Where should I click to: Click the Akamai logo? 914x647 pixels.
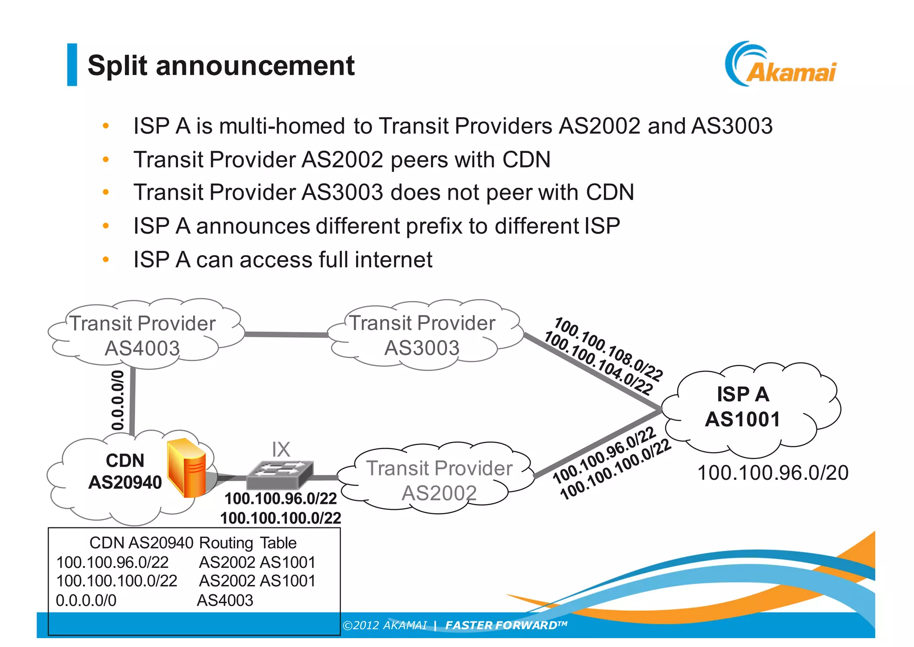pos(781,65)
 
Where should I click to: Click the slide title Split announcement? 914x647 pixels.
pos(221,66)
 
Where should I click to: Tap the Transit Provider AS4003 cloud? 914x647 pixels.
pos(143,335)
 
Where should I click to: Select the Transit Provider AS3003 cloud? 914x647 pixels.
pos(422,335)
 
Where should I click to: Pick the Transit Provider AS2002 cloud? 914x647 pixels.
pos(439,480)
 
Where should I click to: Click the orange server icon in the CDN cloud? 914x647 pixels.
pos(187,468)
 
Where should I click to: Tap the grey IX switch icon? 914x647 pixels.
pos(280,475)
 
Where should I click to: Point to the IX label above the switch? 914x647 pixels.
pos(281,450)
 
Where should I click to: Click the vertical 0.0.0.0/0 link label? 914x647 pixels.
pos(118,400)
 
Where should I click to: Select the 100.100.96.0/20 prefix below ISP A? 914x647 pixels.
pos(773,473)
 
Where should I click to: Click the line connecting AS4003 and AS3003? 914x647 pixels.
pos(286,334)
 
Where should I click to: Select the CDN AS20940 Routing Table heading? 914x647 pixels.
pos(193,542)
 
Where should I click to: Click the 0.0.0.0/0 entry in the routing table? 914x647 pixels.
pos(86,600)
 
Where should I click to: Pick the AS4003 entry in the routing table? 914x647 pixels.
pos(225,600)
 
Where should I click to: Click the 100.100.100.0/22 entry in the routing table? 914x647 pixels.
pos(117,581)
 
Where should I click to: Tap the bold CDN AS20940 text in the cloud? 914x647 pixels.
pos(125,471)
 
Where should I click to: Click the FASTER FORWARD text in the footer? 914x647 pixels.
pos(506,625)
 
